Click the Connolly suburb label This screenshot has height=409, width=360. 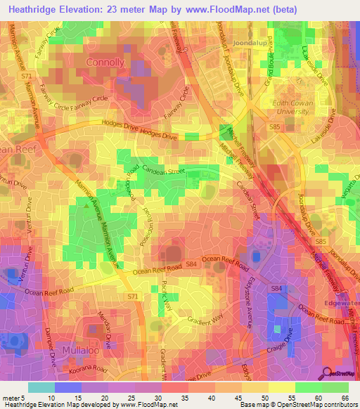point(105,62)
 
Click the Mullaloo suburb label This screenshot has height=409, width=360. point(80,349)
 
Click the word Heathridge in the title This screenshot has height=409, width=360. point(32,9)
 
